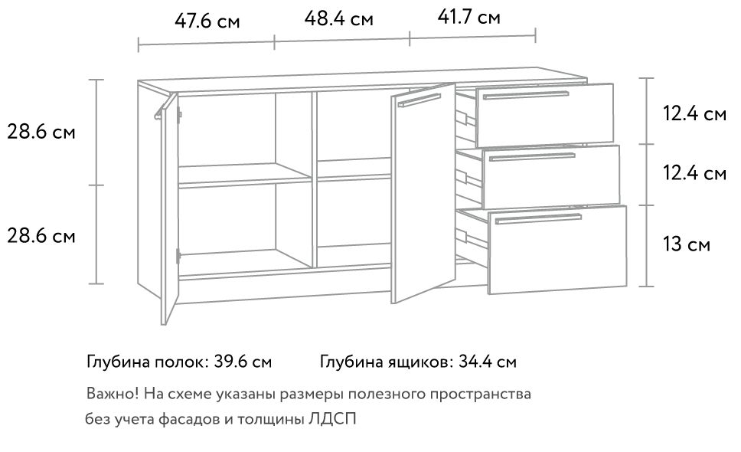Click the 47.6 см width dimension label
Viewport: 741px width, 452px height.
click(207, 21)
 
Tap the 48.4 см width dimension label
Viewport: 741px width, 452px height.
click(338, 19)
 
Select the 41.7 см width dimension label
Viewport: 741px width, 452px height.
click(468, 17)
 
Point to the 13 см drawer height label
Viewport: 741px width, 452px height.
click(686, 244)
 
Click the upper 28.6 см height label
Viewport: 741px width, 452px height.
click(41, 132)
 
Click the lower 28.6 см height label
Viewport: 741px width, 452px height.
click(41, 235)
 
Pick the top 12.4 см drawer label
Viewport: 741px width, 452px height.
click(694, 114)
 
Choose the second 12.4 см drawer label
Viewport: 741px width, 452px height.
click(694, 173)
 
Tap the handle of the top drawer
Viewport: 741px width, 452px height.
click(525, 95)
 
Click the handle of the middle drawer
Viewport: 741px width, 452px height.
click(532, 156)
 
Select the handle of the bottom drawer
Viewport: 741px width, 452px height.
click(538, 218)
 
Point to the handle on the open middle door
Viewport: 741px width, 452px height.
click(419, 100)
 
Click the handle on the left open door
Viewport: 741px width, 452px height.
click(162, 108)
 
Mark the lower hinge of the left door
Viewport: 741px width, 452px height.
click(178, 256)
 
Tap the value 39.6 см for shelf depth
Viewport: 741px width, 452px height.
click(243, 362)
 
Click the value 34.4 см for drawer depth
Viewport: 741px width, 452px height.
click(488, 362)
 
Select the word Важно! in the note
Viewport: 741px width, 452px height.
click(113, 393)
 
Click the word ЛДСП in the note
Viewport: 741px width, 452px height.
click(332, 419)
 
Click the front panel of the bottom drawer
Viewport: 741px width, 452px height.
click(557, 250)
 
